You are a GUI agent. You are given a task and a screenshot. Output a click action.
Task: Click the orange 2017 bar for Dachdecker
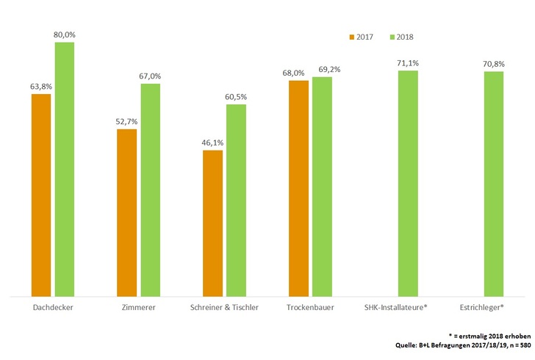click(40, 195)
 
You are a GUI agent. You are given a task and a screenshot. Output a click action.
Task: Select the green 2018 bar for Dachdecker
click(65, 169)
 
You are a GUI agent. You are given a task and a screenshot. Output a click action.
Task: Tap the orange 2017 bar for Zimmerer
click(126, 212)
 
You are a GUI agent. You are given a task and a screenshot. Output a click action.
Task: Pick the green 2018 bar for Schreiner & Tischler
click(236, 200)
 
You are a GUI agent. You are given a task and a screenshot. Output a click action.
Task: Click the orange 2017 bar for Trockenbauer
click(298, 188)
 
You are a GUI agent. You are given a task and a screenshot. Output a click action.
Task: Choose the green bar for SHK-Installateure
click(408, 184)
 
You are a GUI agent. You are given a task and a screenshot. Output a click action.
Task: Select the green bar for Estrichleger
click(494, 184)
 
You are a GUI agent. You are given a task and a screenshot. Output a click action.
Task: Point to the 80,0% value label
click(64, 35)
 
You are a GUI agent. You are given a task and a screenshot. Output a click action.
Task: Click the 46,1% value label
click(212, 143)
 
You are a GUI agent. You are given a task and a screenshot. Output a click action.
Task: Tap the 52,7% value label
click(126, 122)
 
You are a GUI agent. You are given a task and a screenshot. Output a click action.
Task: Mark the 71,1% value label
click(408, 63)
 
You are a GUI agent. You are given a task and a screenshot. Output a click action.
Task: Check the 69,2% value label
click(323, 69)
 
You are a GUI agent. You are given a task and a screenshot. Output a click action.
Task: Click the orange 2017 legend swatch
click(351, 37)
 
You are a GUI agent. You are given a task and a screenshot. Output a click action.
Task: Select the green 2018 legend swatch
click(392, 37)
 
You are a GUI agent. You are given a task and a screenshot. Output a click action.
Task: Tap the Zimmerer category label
click(138, 307)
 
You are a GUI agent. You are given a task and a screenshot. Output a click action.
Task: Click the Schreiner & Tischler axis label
click(224, 307)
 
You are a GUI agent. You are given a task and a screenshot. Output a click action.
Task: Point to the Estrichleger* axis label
click(483, 307)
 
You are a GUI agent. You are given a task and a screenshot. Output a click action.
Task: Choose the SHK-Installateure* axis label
click(395, 307)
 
